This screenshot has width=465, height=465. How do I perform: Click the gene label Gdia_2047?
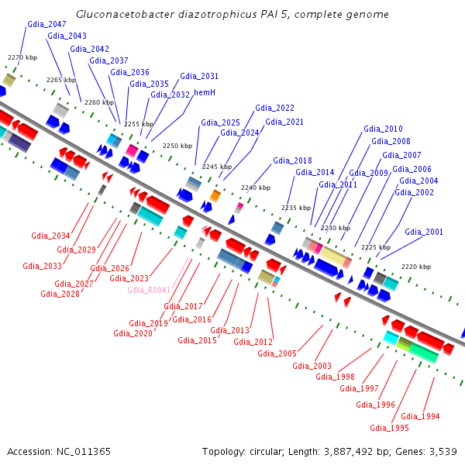46,24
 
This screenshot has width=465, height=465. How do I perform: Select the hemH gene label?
204,92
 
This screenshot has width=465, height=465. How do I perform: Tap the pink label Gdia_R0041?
149,290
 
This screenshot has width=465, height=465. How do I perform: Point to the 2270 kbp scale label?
22,57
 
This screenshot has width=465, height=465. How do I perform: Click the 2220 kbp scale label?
415,267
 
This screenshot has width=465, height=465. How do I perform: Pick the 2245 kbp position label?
217,167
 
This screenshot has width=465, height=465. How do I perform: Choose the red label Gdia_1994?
421,416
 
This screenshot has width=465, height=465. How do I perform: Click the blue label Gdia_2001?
424,232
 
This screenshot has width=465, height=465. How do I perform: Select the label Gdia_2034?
50,236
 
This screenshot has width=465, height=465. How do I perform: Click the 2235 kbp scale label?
295,208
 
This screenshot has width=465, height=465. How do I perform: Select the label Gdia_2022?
274,108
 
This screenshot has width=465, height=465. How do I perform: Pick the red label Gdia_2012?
253,342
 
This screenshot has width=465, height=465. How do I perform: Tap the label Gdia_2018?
292,160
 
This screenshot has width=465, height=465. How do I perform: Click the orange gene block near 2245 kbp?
215,196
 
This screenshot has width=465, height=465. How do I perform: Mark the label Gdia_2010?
383,129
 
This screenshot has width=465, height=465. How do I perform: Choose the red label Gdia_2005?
277,353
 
